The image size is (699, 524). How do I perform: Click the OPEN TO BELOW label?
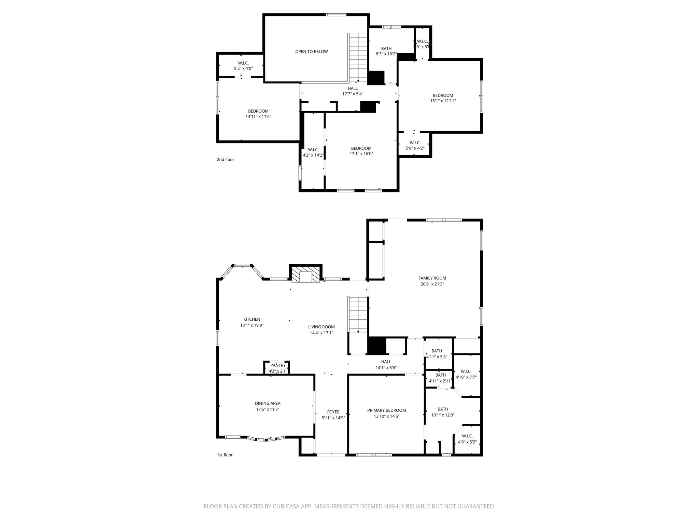click(x=311, y=52)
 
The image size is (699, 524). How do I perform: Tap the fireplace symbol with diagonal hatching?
click(x=305, y=274)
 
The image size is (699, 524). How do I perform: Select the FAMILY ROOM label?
click(x=432, y=278)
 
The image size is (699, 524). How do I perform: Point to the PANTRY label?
click(x=278, y=365)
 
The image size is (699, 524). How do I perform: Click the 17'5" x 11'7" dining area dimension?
click(x=268, y=409)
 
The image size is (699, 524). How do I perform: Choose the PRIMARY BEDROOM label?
click(x=386, y=410)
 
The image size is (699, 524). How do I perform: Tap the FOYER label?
click(x=333, y=412)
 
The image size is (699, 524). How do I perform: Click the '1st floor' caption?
click(x=225, y=455)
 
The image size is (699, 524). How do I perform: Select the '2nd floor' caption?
click(x=225, y=159)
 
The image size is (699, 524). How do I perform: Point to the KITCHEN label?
click(x=252, y=319)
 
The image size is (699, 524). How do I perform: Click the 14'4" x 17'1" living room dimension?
click(x=321, y=333)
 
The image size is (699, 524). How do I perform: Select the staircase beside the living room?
click(x=358, y=315)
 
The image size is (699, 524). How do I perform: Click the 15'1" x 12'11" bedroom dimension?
click(x=443, y=101)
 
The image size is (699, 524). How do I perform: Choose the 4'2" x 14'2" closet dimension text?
click(x=313, y=155)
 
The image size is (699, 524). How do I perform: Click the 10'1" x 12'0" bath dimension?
click(x=443, y=415)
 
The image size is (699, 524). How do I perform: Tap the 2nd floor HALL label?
click(x=353, y=88)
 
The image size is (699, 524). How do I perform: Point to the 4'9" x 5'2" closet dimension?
click(x=467, y=442)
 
